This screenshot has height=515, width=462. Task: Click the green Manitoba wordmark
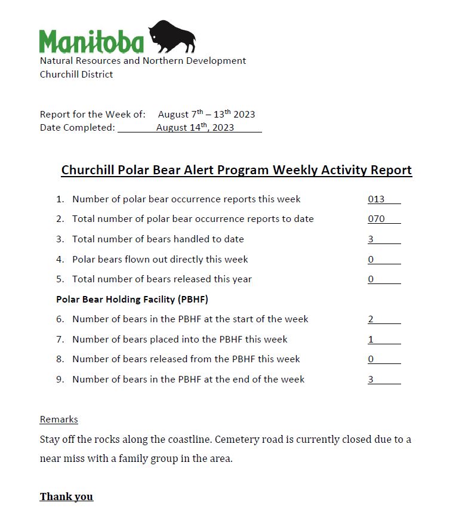tap(92, 42)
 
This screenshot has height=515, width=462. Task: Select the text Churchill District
tap(76, 75)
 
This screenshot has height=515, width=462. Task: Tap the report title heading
tap(236, 170)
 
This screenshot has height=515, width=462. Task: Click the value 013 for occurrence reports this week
tap(377, 199)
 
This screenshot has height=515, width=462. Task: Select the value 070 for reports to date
tap(377, 219)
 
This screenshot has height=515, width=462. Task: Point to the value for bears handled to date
tap(371, 239)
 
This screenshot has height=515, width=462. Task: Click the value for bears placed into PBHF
tap(371, 340)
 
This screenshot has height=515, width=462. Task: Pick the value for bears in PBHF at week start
tap(371, 319)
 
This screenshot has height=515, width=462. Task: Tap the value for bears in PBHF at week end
tap(371, 380)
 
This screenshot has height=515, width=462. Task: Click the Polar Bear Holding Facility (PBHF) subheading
tap(132, 299)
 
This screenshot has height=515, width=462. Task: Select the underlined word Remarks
tap(59, 420)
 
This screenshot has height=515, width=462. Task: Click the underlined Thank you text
tap(66, 497)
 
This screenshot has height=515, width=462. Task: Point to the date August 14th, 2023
tap(195, 127)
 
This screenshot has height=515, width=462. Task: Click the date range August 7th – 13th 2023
tap(207, 114)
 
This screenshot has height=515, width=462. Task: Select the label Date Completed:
tap(78, 127)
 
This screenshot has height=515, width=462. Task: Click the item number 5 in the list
tap(60, 279)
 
